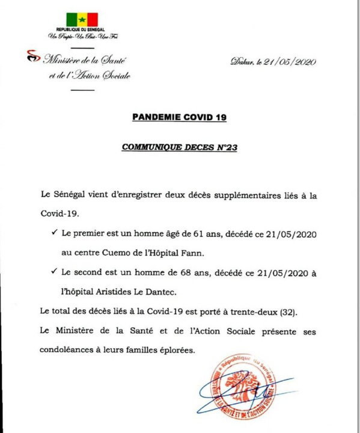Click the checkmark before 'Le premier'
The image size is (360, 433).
pos(55,231)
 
